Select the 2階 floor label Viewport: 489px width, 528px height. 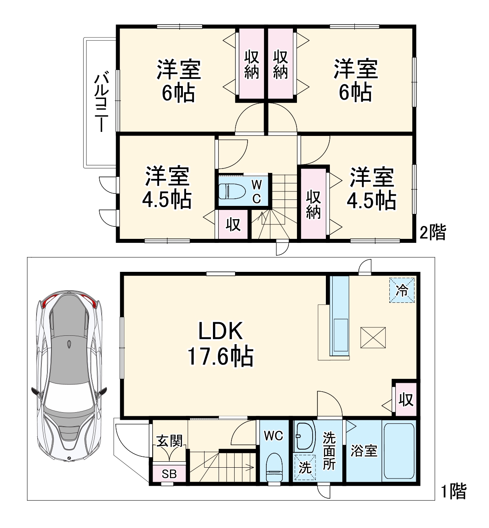433,232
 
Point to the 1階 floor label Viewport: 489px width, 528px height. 454,491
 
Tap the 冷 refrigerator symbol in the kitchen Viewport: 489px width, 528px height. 402,290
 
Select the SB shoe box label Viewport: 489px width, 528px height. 169,474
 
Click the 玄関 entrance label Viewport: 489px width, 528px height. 169,441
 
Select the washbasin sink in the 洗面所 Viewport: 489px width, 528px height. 305,436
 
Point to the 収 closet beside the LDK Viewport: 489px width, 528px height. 405,399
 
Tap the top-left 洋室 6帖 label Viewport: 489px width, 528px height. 178,81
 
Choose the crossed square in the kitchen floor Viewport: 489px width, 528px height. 373,337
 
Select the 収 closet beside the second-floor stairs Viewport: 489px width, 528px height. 233,224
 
